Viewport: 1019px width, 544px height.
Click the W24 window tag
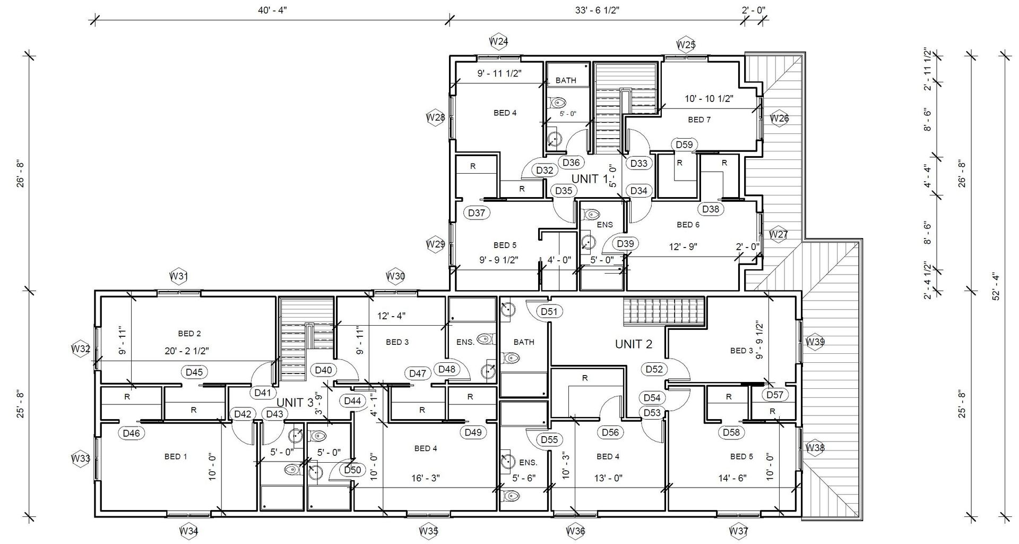pyautogui.click(x=499, y=41)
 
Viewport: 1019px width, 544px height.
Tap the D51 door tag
pyautogui.click(x=549, y=311)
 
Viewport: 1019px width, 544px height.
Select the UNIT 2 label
pyautogui.click(x=634, y=344)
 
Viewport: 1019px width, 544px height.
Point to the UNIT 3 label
pyautogui.click(x=295, y=403)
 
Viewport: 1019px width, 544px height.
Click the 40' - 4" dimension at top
pyautogui.click(x=272, y=10)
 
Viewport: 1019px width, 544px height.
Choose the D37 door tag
pyautogui.click(x=477, y=213)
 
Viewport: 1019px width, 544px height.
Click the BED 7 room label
pyautogui.click(x=699, y=120)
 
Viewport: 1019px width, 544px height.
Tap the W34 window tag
pyautogui.click(x=189, y=530)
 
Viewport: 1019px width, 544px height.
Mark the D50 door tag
pyautogui.click(x=352, y=470)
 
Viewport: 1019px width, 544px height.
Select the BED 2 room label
pyautogui.click(x=189, y=334)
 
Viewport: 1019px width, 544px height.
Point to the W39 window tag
pyautogui.click(x=815, y=342)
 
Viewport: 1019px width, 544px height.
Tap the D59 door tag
pyautogui.click(x=685, y=144)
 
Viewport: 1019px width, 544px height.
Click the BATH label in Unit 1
pyautogui.click(x=566, y=81)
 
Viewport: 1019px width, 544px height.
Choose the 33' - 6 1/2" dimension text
pyautogui.click(x=598, y=10)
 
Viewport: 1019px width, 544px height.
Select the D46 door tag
pyautogui.click(x=131, y=433)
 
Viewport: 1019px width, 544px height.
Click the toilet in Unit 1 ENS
pyautogui.click(x=591, y=215)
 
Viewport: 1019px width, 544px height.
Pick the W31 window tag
pyautogui.click(x=179, y=276)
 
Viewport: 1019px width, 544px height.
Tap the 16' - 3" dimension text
pyautogui.click(x=426, y=478)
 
